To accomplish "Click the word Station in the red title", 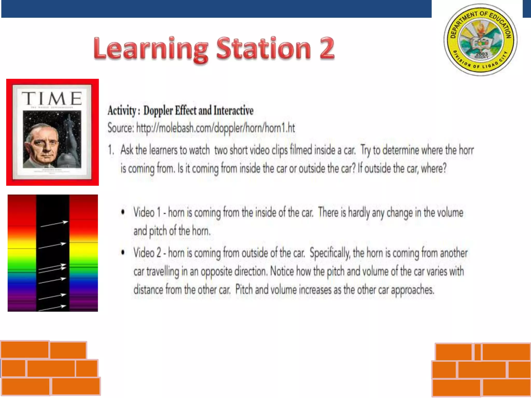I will (x=263, y=48).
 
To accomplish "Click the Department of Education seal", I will (x=480, y=40).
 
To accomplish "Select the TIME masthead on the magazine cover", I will (x=52, y=98).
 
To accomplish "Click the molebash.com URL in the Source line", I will (x=215, y=128).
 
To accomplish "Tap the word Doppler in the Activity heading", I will (x=158, y=111).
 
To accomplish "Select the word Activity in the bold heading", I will (x=122, y=111).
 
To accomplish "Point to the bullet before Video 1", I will (x=123, y=212).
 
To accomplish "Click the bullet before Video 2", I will (x=123, y=252).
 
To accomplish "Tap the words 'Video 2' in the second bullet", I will (x=147, y=253).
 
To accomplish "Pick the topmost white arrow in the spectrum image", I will (x=54, y=224).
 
